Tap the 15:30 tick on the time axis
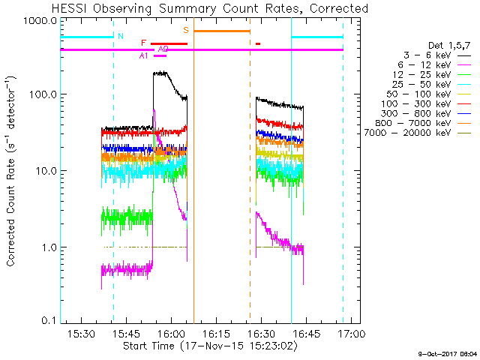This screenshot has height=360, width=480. [80, 332]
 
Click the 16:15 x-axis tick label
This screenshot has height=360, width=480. [215, 332]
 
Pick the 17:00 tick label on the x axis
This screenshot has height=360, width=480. [350, 332]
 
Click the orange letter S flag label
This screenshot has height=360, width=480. [186, 30]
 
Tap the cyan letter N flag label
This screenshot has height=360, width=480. [120, 35]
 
